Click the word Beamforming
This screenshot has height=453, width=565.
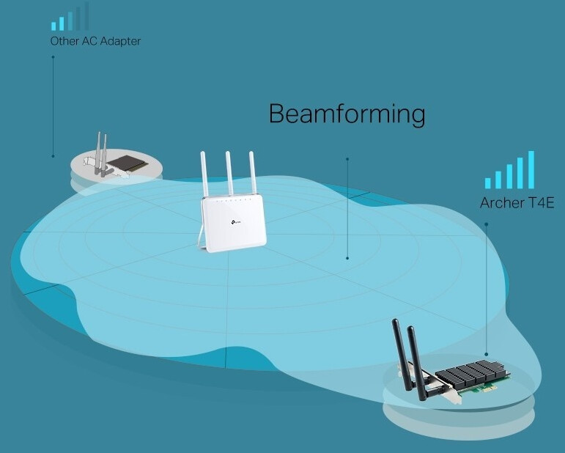(x=347, y=114)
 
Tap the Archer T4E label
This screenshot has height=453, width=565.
(x=517, y=203)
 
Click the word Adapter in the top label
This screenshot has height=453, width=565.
(x=120, y=41)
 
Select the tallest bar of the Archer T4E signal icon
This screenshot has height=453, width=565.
(x=531, y=170)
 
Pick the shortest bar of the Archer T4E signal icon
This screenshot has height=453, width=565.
(x=487, y=183)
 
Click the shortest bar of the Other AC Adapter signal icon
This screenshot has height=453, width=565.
(x=53, y=26)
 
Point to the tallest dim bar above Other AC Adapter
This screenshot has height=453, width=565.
(x=86, y=16)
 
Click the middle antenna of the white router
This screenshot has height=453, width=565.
(x=229, y=173)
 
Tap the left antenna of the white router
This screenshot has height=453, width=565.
(x=204, y=174)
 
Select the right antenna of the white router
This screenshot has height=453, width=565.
(x=253, y=173)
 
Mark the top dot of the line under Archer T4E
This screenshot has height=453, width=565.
(x=486, y=224)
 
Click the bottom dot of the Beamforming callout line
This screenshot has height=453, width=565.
(x=347, y=258)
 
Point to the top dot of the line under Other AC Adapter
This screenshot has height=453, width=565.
(x=53, y=57)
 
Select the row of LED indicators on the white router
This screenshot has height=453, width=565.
(x=233, y=200)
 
